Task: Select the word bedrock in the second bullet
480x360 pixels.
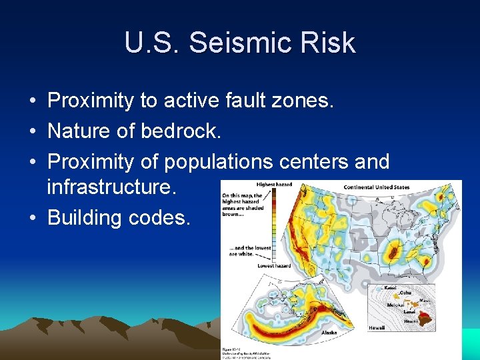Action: coord(181,131)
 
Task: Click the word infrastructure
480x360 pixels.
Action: coord(111,188)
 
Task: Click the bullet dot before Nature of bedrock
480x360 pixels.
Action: coord(32,131)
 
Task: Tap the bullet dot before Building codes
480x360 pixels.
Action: coord(32,218)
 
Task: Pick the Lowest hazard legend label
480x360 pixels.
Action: coord(274,266)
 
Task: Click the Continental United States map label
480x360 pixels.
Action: coord(377,187)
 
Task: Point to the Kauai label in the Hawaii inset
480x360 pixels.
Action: coord(391,287)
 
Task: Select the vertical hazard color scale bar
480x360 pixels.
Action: coord(275,225)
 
